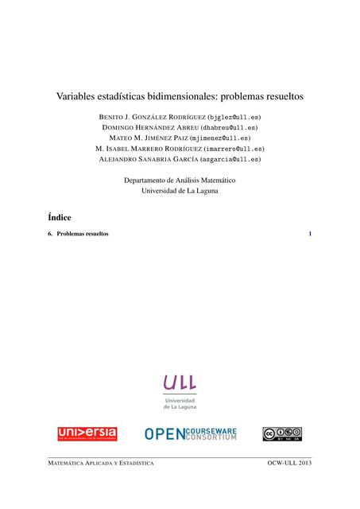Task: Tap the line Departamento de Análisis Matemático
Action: click(x=180, y=181)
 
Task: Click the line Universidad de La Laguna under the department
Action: click(x=180, y=192)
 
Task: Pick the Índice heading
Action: click(x=60, y=216)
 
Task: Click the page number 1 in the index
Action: click(x=310, y=234)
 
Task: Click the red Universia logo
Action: click(x=87, y=433)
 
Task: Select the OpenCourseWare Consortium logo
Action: click(x=191, y=433)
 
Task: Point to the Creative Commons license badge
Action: click(x=282, y=433)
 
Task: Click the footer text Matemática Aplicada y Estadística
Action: click(x=101, y=463)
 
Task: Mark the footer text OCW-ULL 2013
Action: click(x=290, y=463)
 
